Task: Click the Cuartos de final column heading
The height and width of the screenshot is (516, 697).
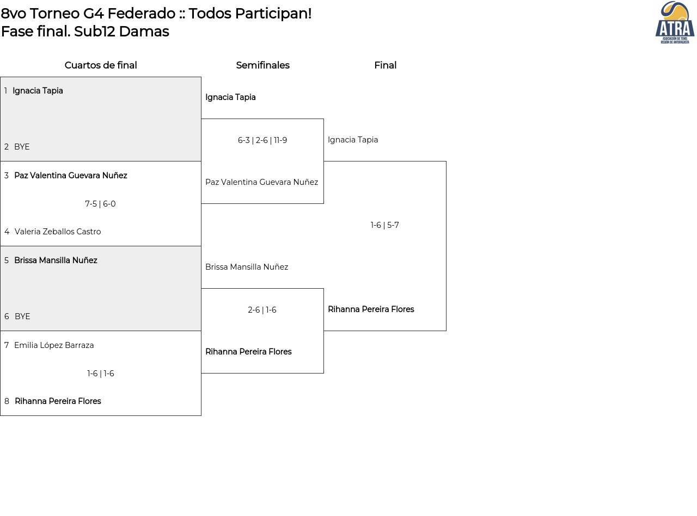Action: point(101,65)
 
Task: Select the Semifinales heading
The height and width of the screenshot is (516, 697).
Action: point(262,65)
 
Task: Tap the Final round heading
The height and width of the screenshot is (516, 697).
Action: point(386,65)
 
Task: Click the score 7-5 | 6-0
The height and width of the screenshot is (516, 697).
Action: point(100,204)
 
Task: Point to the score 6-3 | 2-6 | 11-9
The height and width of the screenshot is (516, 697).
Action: point(262,140)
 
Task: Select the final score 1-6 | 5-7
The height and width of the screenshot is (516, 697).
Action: point(384,225)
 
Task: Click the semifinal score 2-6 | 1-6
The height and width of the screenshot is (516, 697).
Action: point(262,310)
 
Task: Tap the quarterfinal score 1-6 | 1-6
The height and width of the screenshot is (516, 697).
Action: point(101,374)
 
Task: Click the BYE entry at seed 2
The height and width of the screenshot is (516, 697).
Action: point(22,147)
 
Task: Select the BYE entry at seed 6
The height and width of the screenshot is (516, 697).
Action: point(22,316)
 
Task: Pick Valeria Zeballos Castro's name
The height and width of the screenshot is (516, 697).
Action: point(58,232)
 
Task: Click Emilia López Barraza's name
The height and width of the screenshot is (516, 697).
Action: point(54,345)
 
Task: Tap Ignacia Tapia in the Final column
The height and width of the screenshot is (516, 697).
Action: point(353,140)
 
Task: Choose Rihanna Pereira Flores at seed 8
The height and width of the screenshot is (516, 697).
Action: point(58,401)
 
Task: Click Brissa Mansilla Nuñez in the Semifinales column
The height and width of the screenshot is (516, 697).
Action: point(247,267)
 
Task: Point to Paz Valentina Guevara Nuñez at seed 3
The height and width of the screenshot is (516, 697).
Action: point(71,176)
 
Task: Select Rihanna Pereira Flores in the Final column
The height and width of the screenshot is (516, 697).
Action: point(371,309)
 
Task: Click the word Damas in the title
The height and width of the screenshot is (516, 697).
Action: point(144,32)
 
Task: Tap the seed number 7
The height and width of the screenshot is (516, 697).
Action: point(7,345)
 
